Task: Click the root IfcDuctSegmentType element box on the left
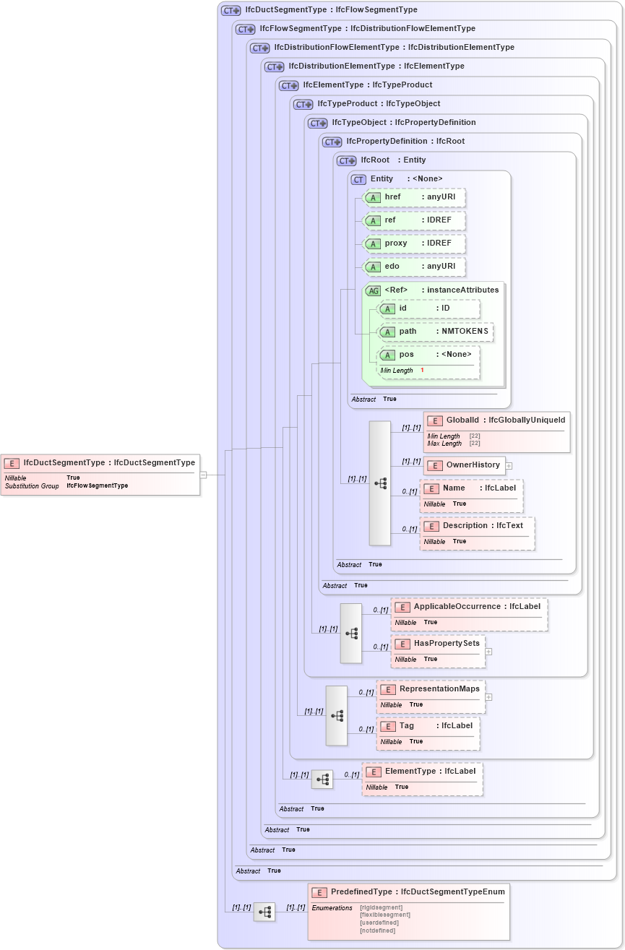(100, 463)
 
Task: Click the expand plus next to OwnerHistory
(509, 465)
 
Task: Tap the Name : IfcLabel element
(471, 488)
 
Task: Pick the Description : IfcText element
(477, 526)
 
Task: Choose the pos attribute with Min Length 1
(429, 355)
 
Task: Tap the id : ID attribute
(429, 308)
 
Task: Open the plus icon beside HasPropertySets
(488, 652)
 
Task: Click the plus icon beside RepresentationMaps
(488, 697)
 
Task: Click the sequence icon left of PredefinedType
(264, 912)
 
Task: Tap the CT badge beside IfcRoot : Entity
(348, 160)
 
